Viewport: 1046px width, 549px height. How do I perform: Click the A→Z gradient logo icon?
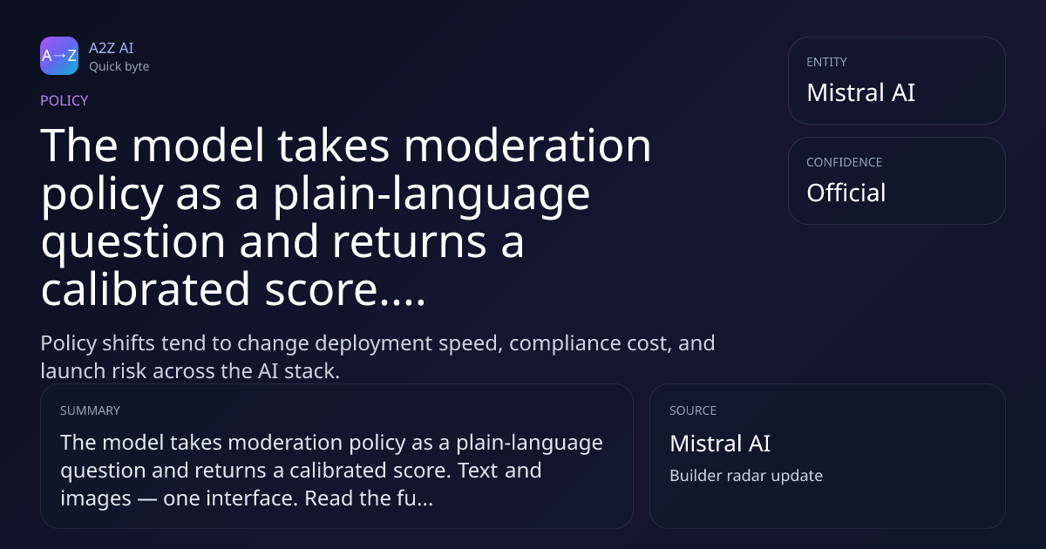point(59,56)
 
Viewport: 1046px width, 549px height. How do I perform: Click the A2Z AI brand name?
point(112,48)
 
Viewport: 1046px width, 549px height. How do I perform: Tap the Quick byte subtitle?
point(119,67)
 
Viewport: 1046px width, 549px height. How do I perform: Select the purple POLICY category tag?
point(64,100)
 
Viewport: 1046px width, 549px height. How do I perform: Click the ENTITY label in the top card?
point(826,62)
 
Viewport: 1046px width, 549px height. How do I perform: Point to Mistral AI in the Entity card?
point(860,92)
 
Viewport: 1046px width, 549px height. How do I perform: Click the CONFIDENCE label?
point(845,162)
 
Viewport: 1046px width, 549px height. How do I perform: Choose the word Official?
point(846,193)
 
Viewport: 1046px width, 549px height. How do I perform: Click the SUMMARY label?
point(90,410)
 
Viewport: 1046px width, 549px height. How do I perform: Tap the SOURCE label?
point(693,410)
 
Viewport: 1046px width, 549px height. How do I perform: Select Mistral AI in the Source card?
point(720,444)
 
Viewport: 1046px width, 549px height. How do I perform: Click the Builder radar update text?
point(746,476)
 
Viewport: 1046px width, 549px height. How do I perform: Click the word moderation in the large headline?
point(527,146)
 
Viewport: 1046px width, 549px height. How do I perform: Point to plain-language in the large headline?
point(431,195)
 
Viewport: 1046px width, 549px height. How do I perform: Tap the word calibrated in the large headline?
point(146,289)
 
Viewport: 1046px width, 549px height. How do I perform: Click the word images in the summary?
point(96,499)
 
